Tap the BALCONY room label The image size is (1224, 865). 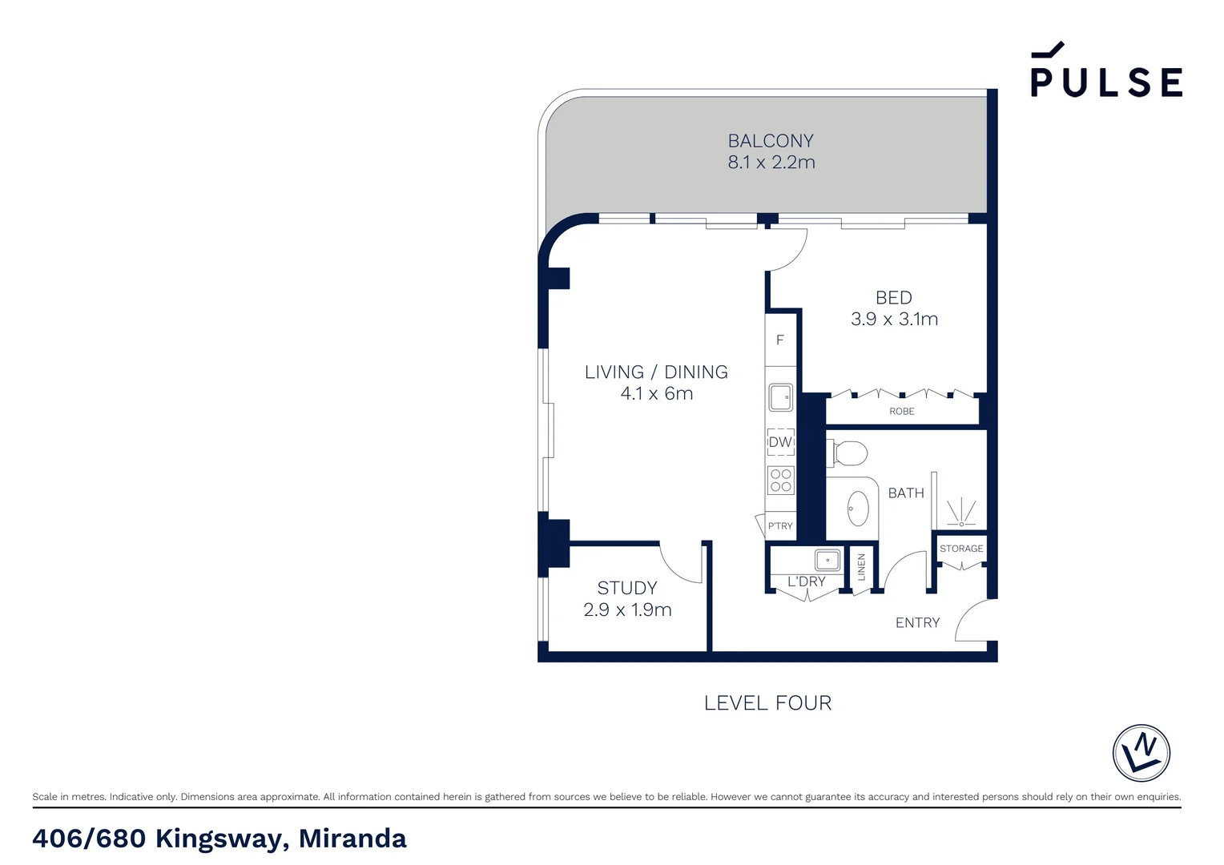click(x=771, y=141)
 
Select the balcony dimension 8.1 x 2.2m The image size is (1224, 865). click(x=771, y=163)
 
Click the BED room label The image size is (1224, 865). click(x=894, y=298)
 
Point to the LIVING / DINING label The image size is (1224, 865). click(x=656, y=372)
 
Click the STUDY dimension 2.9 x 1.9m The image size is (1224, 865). click(x=627, y=610)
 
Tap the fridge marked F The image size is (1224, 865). click(x=779, y=340)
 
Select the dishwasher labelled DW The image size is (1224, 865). click(x=780, y=442)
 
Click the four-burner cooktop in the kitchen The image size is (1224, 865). click(x=781, y=481)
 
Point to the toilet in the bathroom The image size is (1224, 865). click(x=848, y=453)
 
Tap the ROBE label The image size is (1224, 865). click(x=901, y=412)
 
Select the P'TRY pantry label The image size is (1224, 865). click(x=780, y=526)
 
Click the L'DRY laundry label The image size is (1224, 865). click(x=806, y=581)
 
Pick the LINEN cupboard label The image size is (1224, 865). click(x=862, y=567)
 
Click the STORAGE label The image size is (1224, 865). click(x=961, y=549)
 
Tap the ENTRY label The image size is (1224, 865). click(x=917, y=623)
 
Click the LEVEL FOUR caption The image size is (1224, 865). click(x=767, y=703)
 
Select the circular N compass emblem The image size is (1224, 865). click(x=1141, y=753)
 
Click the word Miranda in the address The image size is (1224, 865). click(x=352, y=839)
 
